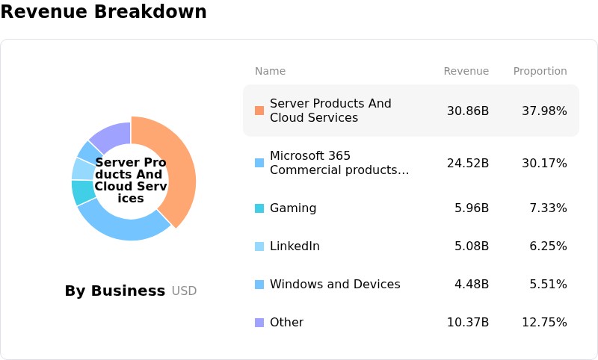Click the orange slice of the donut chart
click(179, 167)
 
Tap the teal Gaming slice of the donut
click(83, 193)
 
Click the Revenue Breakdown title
click(103, 11)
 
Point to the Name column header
click(270, 71)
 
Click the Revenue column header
click(466, 71)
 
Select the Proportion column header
click(540, 71)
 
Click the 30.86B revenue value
click(468, 111)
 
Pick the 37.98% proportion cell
click(544, 111)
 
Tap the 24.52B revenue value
click(468, 164)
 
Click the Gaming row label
click(293, 208)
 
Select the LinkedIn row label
click(295, 246)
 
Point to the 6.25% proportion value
click(548, 246)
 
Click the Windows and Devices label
click(335, 284)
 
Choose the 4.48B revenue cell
click(472, 284)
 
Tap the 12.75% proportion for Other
click(544, 323)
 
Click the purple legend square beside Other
click(259, 323)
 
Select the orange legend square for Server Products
click(259, 111)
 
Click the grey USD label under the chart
click(184, 291)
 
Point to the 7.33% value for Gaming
click(548, 208)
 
